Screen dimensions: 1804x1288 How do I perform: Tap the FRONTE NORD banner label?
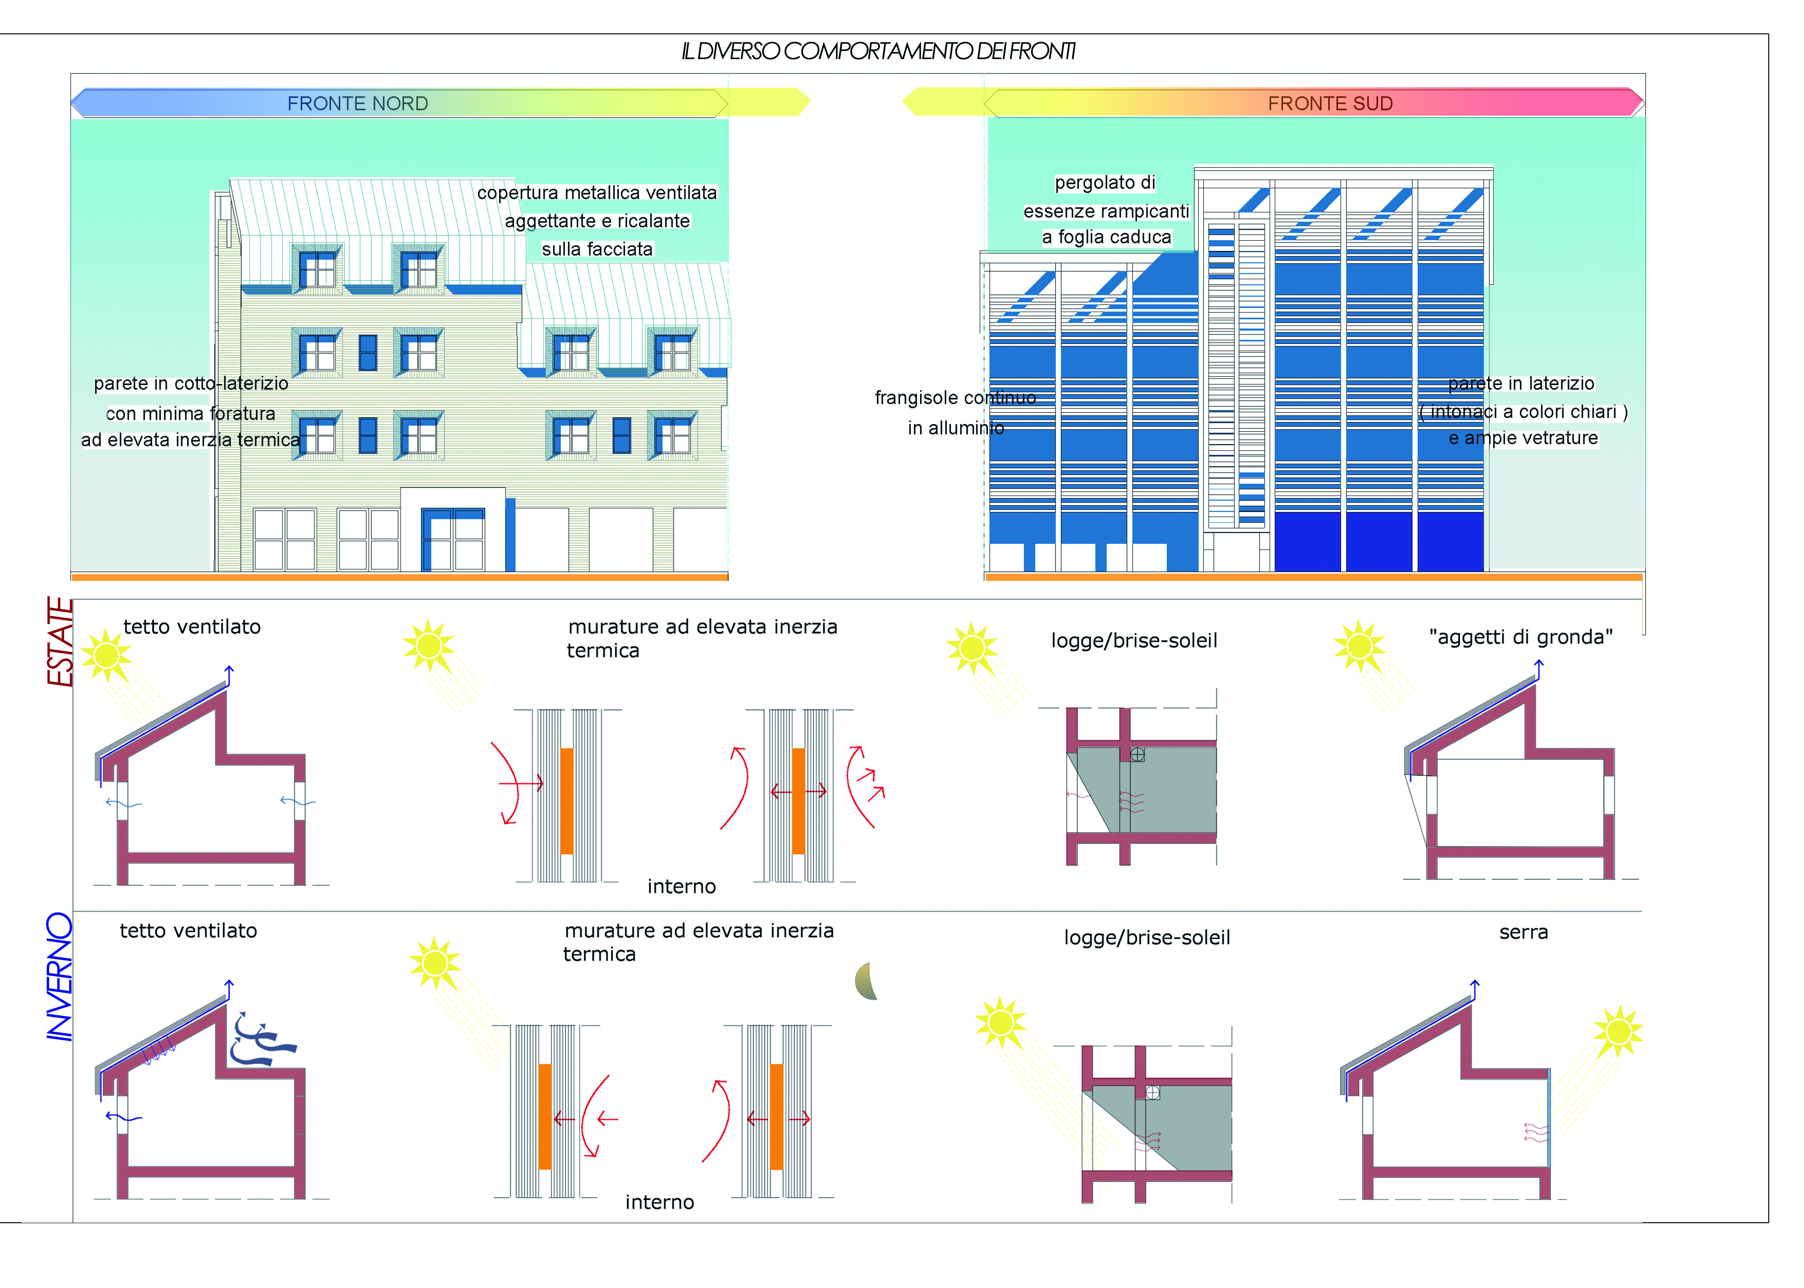click(357, 104)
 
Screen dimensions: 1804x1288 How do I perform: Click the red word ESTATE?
click(60, 642)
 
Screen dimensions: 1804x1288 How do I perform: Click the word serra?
click(1523, 933)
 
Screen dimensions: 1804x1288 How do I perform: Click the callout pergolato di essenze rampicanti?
click(1106, 210)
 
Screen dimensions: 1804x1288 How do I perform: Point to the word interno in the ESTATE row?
click(681, 887)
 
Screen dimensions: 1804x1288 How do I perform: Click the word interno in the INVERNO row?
click(659, 1202)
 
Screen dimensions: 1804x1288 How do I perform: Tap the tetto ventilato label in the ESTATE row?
click(192, 627)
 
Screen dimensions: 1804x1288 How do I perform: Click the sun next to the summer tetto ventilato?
click(106, 655)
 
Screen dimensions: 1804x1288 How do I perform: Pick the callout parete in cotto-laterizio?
click(190, 412)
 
